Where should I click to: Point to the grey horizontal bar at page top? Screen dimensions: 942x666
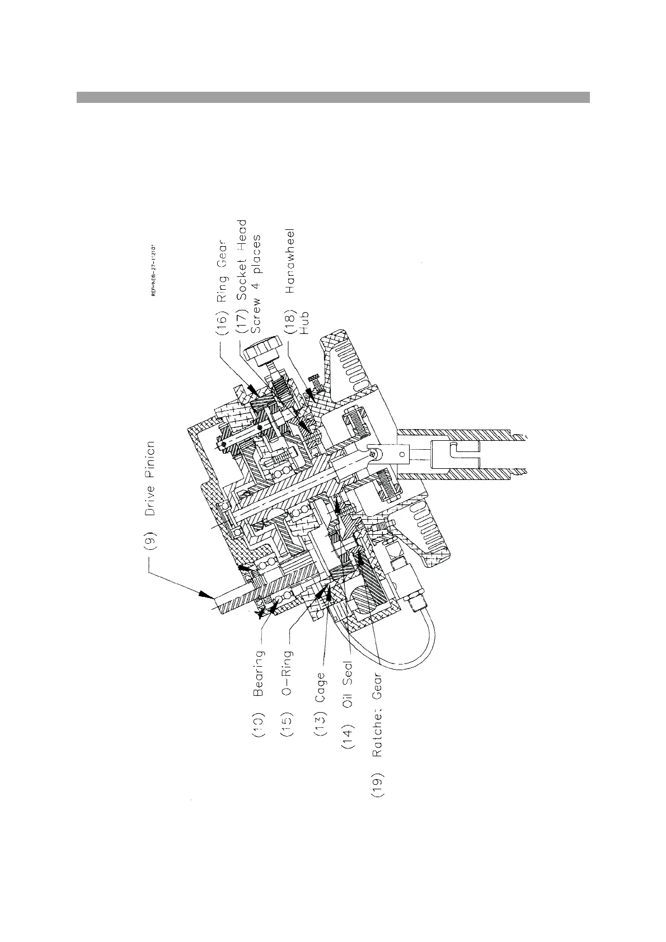click(x=333, y=97)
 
